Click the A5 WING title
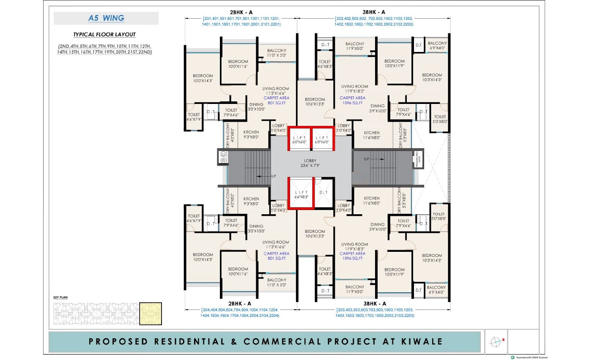tap(106, 18)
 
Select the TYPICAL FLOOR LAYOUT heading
tap(104, 35)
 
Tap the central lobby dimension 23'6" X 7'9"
tap(310, 166)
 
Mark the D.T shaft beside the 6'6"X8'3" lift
tap(323, 193)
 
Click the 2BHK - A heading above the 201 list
tap(241, 12)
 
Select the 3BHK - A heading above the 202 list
tap(373, 12)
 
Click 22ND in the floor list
tap(145, 52)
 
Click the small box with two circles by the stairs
tap(222, 159)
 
